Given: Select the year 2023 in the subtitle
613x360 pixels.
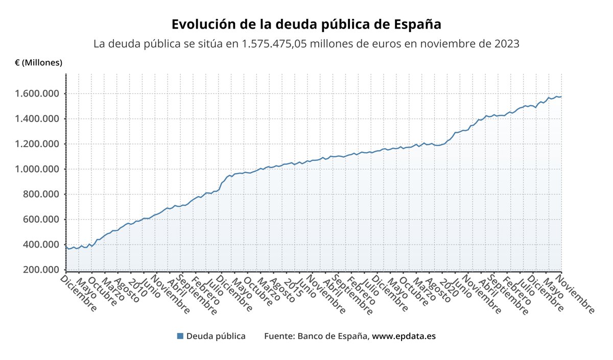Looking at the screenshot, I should pyautogui.click(x=507, y=44).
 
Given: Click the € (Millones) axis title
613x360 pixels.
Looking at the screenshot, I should pyautogui.click(x=39, y=63).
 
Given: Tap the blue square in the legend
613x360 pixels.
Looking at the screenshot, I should pyautogui.click(x=180, y=336).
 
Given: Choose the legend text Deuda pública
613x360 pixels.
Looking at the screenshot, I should pyautogui.click(x=216, y=336).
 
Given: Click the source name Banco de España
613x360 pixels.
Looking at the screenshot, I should pyautogui.click(x=333, y=336).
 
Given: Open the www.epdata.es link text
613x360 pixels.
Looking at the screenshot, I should pyautogui.click(x=404, y=336).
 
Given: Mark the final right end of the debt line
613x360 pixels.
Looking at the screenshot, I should pyautogui.click(x=561, y=97).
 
